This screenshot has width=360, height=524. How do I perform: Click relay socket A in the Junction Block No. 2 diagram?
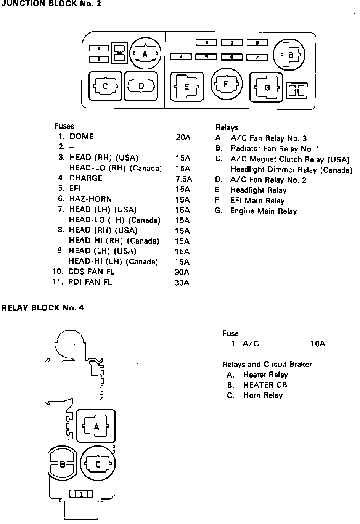[145, 54]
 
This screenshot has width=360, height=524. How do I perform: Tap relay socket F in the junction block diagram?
[226, 84]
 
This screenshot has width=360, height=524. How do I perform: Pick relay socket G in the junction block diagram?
[267, 88]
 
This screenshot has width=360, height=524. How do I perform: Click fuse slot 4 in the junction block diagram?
[180, 57]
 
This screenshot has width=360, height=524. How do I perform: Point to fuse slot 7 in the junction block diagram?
[257, 57]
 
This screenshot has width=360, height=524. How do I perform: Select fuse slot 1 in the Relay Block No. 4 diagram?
[81, 494]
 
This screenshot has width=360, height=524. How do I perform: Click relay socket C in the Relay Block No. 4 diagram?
[98, 464]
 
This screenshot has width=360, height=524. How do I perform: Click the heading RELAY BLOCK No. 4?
[43, 307]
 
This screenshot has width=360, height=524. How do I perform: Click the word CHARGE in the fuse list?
[86, 178]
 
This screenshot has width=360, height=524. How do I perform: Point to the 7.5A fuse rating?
[183, 179]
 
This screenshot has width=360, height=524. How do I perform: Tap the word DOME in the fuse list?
[82, 137]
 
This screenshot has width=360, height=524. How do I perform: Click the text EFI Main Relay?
[257, 201]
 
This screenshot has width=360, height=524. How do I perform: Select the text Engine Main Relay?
[264, 211]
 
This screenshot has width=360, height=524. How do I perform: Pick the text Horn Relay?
[263, 395]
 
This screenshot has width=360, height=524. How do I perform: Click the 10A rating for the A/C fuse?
[318, 344]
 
